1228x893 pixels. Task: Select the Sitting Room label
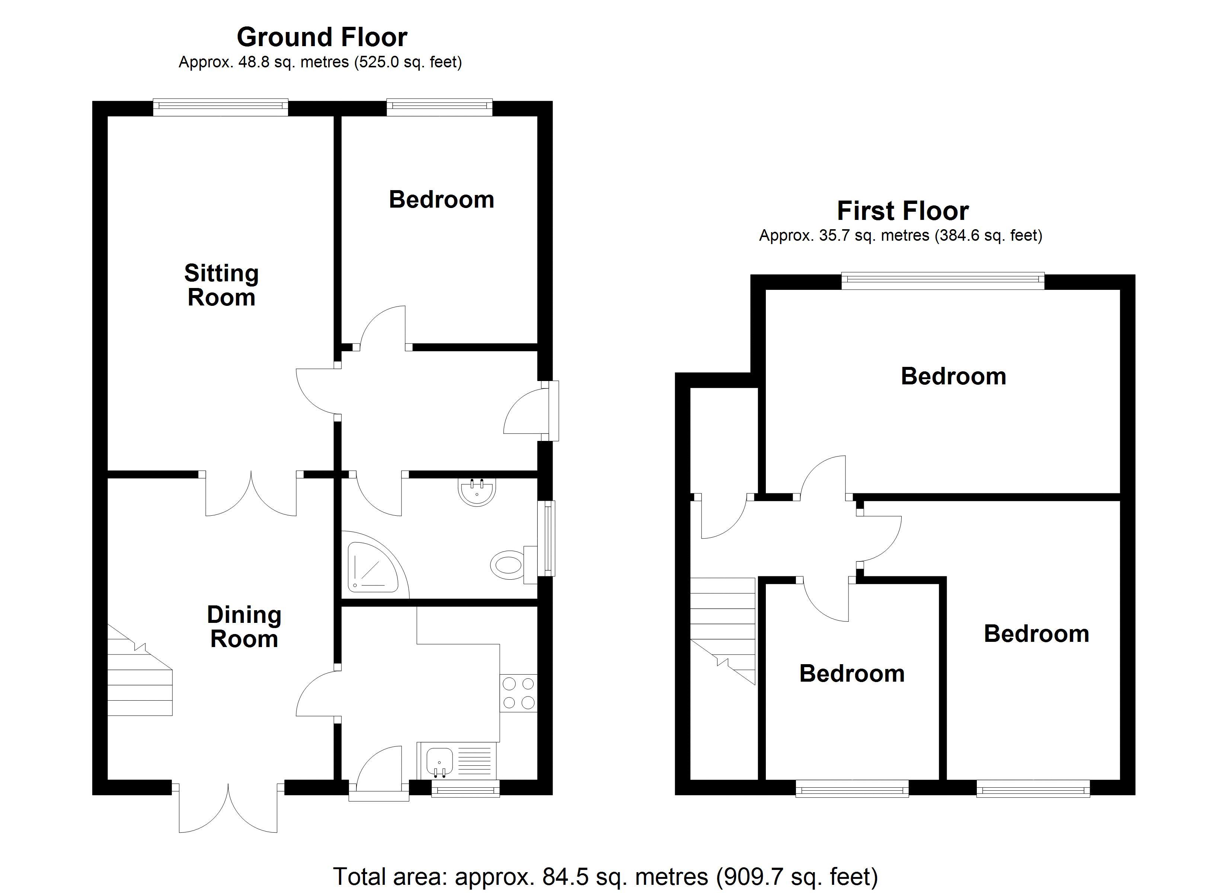pos(221,285)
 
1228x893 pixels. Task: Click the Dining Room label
pos(244,627)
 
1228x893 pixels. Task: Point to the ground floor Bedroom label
pos(441,199)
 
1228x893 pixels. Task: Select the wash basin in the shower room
pos(476,492)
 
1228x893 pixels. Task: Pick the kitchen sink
pos(439,760)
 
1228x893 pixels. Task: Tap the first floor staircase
pos(722,628)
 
